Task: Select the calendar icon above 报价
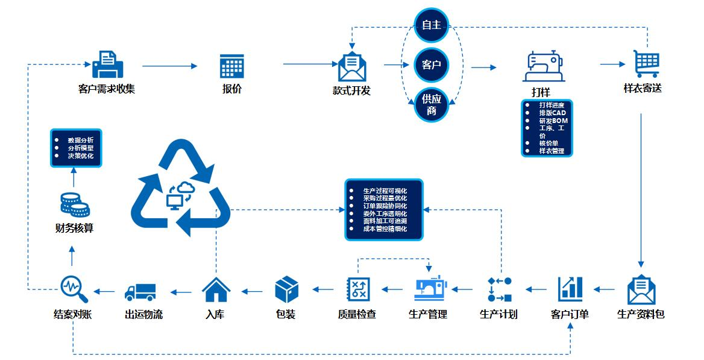[x=231, y=66]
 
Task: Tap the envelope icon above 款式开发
[x=353, y=67]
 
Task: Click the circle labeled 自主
[x=432, y=25]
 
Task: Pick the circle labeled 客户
[x=432, y=65]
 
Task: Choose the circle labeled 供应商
[x=432, y=104]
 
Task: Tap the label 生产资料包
[x=641, y=314]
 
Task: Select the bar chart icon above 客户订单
[x=570, y=288]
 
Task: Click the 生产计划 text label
[x=498, y=314]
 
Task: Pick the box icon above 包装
[x=287, y=289]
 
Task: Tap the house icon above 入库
[x=216, y=289]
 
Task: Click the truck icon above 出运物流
[x=140, y=292]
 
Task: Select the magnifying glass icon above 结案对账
[x=74, y=289]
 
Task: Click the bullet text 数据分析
[x=81, y=141]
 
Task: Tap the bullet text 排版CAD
[x=553, y=113]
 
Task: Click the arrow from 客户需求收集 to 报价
[x=171, y=66]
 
